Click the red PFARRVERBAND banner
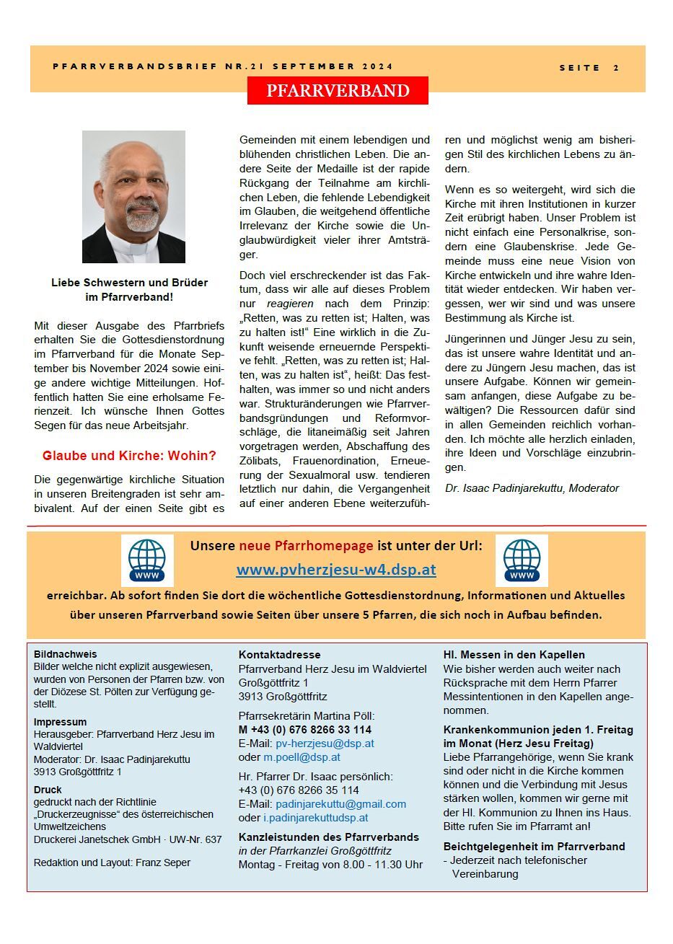[338, 91]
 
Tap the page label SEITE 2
[589, 68]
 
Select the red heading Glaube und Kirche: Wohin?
[129, 456]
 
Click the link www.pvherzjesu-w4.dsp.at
[335, 570]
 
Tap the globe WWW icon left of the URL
[147, 560]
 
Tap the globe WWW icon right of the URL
[522, 560]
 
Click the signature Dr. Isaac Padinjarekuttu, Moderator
[532, 488]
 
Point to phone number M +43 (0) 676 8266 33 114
[299, 730]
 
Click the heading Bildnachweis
[65, 654]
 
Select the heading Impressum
[60, 722]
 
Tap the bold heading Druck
[48, 790]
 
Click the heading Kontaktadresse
[279, 655]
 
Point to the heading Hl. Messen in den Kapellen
[514, 655]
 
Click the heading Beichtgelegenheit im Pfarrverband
[534, 847]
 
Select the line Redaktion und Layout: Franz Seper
[112, 863]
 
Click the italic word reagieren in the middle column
[291, 304]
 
